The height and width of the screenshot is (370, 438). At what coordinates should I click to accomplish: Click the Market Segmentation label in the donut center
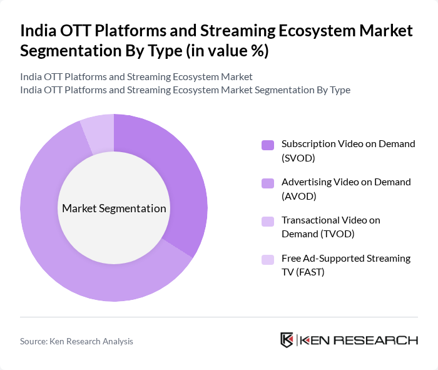point(114,208)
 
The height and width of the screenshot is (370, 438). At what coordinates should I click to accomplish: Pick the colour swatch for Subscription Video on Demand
point(268,145)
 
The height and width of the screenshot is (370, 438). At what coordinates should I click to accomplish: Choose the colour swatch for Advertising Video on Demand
point(268,183)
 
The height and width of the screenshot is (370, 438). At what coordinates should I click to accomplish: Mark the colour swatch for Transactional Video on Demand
point(268,221)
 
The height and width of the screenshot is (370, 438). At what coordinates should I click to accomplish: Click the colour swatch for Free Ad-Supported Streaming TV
point(268,259)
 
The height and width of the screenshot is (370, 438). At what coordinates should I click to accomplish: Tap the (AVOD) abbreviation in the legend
point(299,195)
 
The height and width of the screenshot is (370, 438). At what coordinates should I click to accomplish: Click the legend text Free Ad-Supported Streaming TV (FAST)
point(345,265)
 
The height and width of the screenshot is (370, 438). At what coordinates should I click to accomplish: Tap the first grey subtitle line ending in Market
point(136,76)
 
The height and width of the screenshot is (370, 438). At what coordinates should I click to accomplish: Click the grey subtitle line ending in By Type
point(185,90)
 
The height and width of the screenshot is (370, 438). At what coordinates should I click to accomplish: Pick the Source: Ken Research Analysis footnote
point(76,341)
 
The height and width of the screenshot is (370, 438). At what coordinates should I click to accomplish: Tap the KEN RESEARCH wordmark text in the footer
point(359,340)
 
